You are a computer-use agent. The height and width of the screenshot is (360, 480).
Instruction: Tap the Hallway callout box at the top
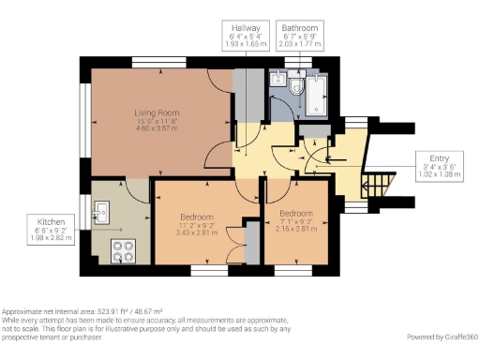pyautogui.click(x=246, y=36)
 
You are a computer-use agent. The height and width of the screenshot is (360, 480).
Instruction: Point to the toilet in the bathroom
pyautogui.click(x=295, y=88)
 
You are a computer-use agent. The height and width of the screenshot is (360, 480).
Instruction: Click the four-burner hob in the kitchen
pyautogui.click(x=122, y=250)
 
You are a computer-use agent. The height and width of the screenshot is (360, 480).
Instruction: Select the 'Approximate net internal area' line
pyautogui.click(x=82, y=311)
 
